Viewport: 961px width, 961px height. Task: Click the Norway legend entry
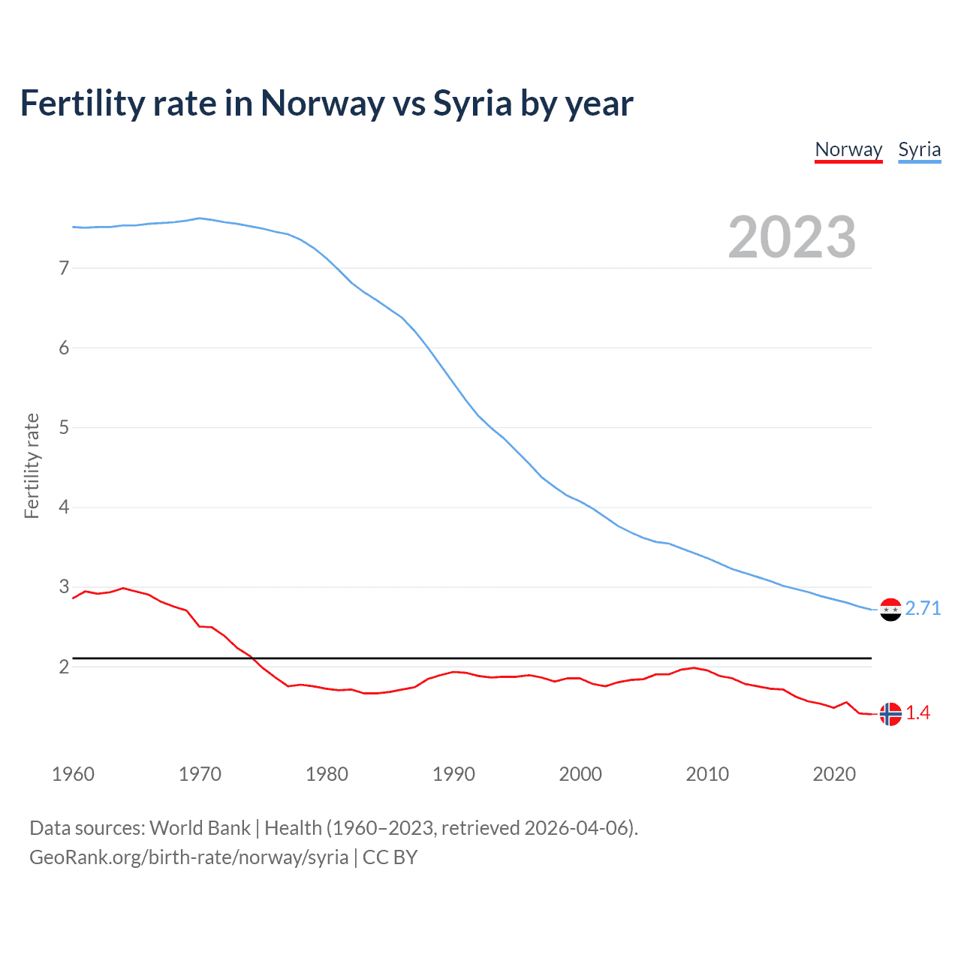tap(848, 149)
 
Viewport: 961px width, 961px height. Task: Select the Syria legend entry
tap(919, 149)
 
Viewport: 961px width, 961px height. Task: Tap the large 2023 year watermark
tap(792, 237)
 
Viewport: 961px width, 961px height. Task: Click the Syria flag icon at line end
tap(890, 610)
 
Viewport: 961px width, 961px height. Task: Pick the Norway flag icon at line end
tap(890, 714)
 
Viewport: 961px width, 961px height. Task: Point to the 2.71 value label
tap(923, 608)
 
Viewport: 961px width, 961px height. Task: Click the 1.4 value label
tap(917, 713)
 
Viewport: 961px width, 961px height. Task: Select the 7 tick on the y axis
tap(64, 268)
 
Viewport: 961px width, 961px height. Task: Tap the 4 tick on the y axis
tap(64, 508)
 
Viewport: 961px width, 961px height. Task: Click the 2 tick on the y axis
tap(64, 667)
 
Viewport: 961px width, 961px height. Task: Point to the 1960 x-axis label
tap(73, 774)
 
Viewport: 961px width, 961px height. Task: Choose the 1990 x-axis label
tap(453, 774)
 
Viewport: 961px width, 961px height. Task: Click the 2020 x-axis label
tap(834, 774)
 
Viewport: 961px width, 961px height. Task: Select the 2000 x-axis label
tap(580, 774)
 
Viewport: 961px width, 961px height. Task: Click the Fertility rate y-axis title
tap(32, 465)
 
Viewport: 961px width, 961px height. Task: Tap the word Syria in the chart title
tap(473, 104)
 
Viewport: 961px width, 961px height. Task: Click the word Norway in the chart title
tap(322, 104)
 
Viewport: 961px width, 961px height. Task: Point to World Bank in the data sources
tap(200, 828)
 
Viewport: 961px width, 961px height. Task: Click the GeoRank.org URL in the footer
tap(188, 857)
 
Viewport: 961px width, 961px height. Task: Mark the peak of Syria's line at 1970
tap(199, 218)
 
